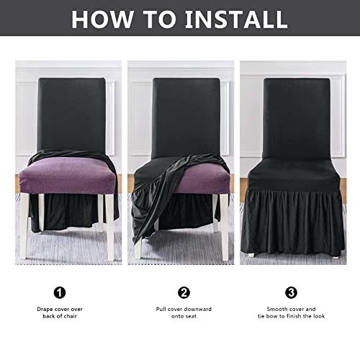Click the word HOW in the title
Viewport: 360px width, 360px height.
click(104, 19)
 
